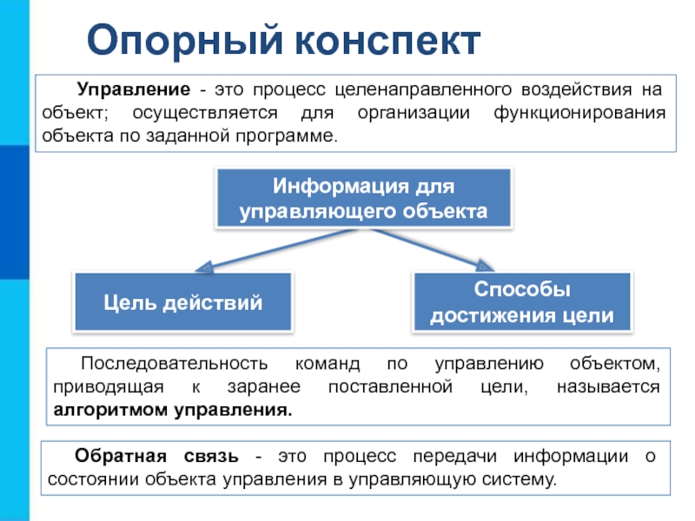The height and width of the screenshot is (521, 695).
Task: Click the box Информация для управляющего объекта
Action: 363,199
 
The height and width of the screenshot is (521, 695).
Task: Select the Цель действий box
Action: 183,303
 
